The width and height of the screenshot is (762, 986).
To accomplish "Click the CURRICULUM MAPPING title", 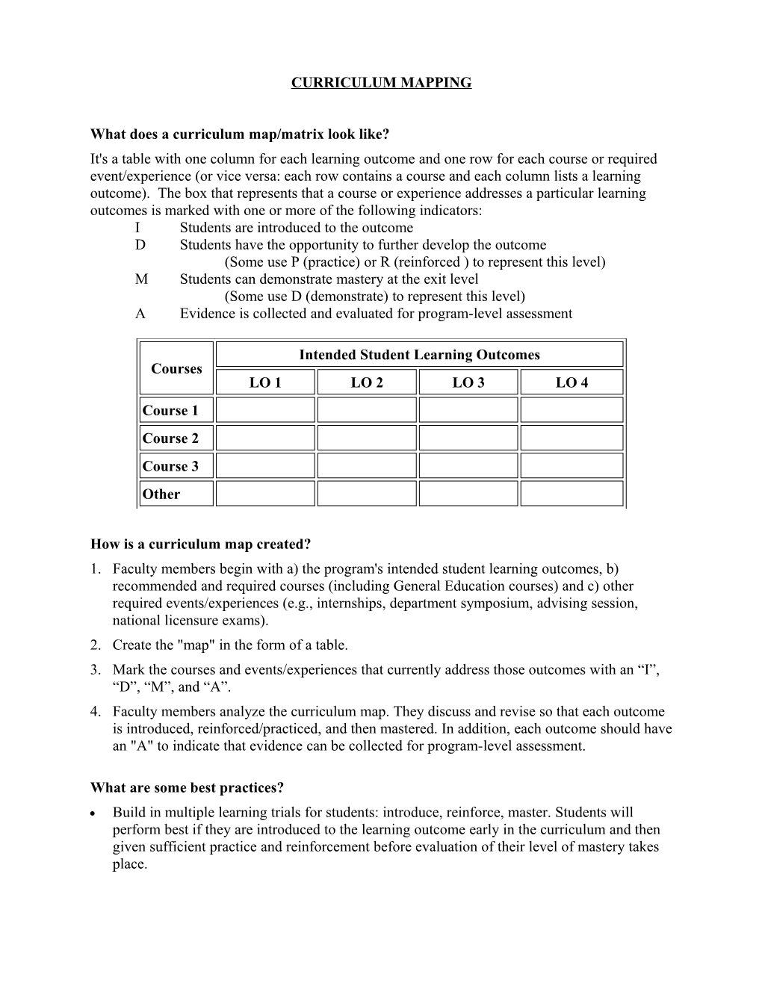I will tap(381, 83).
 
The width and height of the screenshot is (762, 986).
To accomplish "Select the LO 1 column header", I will tap(265, 382).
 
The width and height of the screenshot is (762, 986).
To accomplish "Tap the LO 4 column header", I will tap(571, 382).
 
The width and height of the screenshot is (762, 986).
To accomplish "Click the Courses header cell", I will tap(176, 368).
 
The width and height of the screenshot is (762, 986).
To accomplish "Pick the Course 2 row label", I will tap(171, 438).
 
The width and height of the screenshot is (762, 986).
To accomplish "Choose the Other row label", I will tap(161, 494).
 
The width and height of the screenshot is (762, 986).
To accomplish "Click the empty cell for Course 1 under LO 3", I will tap(468, 410).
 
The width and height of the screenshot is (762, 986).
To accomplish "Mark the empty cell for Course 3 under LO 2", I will tap(366, 466).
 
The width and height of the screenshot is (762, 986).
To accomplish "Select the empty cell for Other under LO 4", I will tap(571, 494).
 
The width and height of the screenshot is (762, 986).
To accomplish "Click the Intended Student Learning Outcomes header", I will tap(419, 355).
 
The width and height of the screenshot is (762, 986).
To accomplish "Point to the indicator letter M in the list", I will tap(142, 279).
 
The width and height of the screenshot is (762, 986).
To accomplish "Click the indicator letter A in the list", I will tap(140, 314).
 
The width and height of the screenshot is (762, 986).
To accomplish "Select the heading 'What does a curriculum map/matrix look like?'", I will tap(240, 134).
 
